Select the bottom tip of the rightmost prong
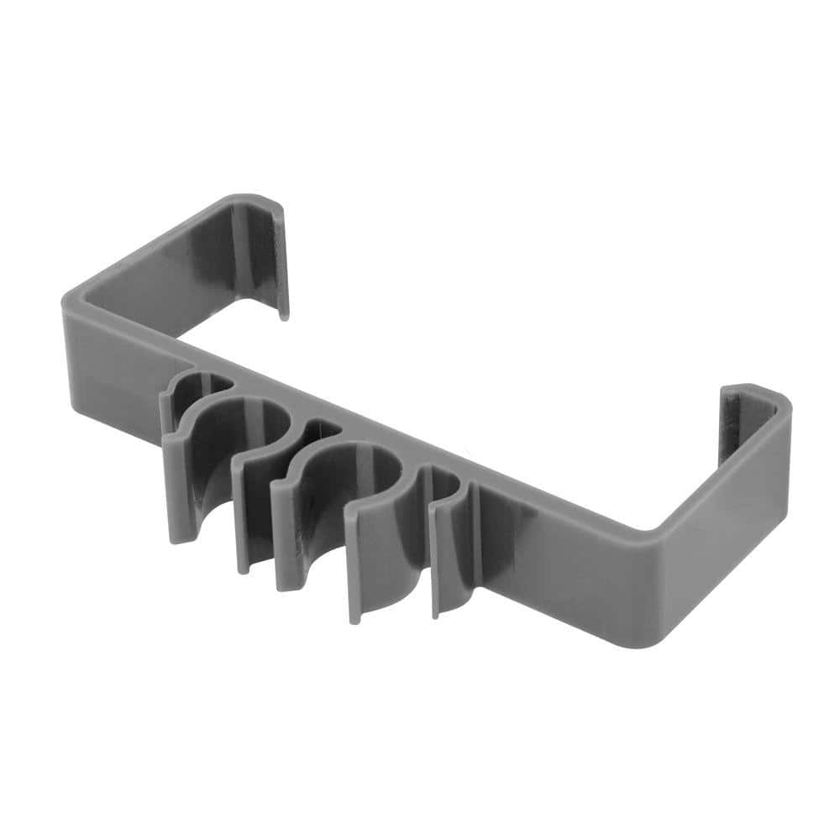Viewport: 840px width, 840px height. click(x=434, y=614)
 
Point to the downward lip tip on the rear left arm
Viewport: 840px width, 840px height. click(x=283, y=315)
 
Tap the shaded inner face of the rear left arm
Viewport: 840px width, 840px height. click(x=185, y=252)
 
